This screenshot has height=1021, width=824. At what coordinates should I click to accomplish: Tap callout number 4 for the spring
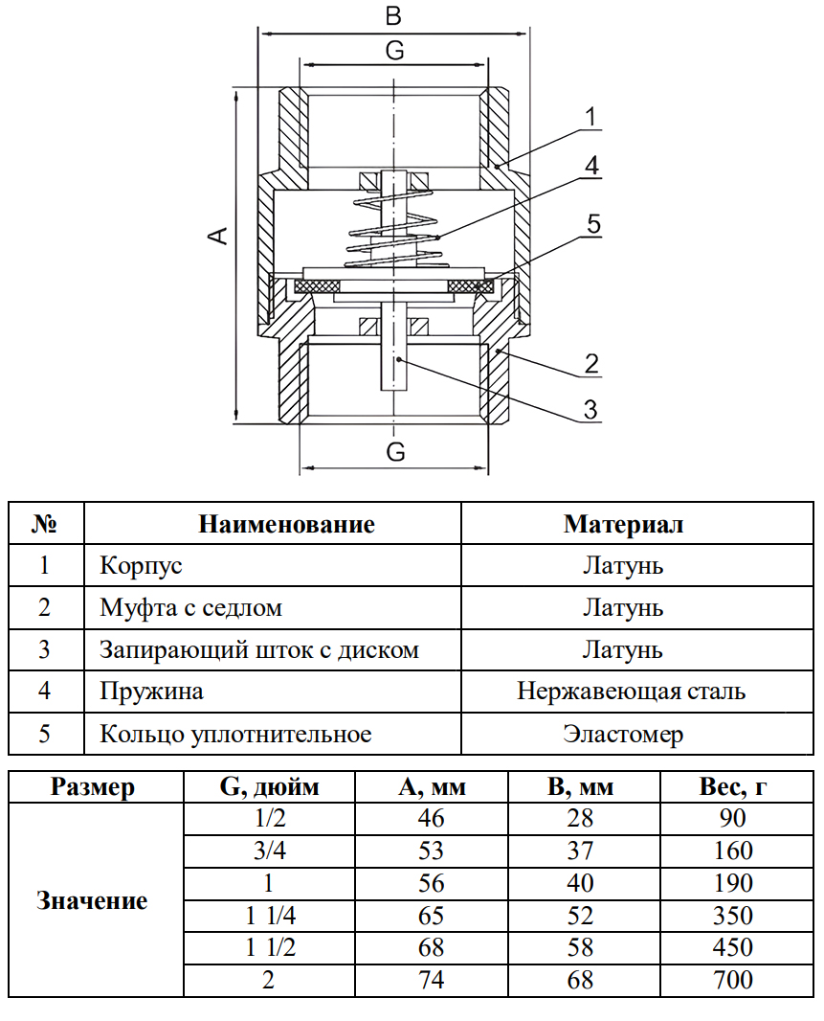click(x=592, y=165)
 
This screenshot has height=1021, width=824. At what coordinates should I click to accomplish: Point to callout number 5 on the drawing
click(x=593, y=225)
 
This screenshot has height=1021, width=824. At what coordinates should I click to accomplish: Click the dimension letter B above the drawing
click(x=392, y=16)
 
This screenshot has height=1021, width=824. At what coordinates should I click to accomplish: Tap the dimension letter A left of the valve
click(x=219, y=236)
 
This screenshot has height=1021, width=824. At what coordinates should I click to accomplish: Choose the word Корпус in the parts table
click(x=141, y=565)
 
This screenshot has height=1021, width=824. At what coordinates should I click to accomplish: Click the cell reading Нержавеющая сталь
click(x=631, y=691)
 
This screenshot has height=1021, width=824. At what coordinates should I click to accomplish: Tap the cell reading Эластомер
click(x=623, y=735)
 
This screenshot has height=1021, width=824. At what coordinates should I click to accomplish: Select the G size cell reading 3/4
click(x=271, y=851)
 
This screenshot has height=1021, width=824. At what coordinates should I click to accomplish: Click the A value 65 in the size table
click(x=432, y=915)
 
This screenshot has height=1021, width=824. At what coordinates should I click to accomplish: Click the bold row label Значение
click(x=92, y=900)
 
